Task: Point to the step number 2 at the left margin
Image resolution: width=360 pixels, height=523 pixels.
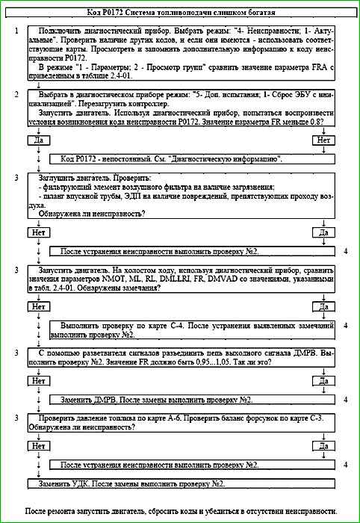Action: (x=16, y=96)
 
